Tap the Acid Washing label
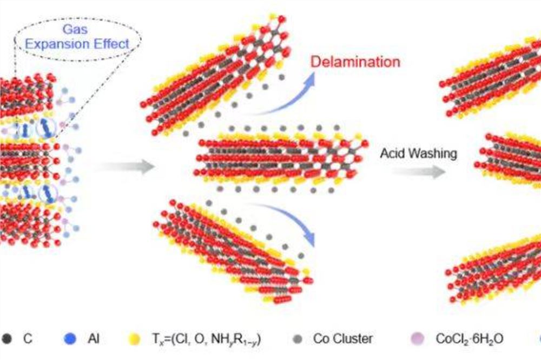click(418, 154)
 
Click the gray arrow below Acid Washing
click(419, 172)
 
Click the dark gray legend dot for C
click(6, 339)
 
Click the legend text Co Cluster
click(343, 339)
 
